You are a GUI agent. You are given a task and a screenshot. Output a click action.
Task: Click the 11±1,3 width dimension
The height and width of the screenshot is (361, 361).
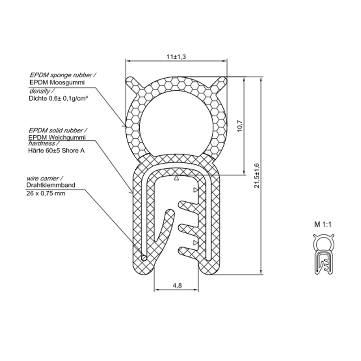[177, 57]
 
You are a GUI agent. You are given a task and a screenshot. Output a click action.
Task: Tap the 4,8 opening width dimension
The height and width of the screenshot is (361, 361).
[177, 285]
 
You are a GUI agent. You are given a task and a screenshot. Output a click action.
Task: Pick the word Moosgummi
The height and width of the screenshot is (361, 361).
[69, 83]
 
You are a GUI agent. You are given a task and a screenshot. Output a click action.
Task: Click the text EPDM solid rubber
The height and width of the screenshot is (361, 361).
[58, 130]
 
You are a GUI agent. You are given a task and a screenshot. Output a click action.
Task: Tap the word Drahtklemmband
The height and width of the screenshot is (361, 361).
[51, 185]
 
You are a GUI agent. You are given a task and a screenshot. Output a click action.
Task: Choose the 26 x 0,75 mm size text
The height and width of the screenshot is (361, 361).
[46, 193]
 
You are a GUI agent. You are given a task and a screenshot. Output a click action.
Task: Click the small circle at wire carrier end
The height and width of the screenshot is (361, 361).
[144, 258]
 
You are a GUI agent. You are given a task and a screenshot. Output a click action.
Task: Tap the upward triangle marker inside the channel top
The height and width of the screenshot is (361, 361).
[176, 178]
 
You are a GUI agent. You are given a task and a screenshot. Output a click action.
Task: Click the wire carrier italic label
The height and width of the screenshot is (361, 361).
[45, 178]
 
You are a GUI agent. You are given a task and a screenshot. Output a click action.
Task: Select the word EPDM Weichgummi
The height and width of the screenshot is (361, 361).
[56, 137]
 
